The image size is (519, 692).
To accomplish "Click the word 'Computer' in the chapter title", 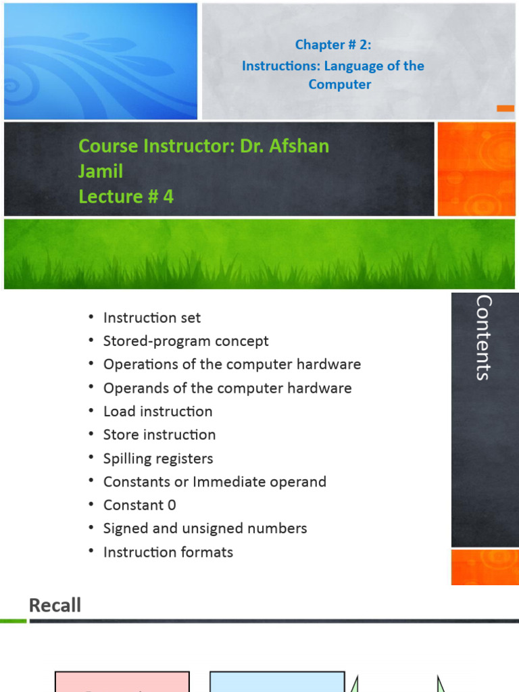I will point(340,84).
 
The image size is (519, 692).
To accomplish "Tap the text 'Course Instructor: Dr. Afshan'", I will point(203,145).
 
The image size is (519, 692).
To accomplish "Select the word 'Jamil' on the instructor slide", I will point(101,171).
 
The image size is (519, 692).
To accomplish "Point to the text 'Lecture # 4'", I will point(126,196).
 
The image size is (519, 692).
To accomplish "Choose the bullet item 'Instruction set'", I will point(151,318).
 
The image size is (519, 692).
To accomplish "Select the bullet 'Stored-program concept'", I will point(186,341).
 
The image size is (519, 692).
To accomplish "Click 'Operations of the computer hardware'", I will point(232,364).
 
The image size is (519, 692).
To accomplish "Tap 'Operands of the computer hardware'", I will point(227,388).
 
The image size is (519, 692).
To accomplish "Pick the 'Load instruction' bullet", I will point(157,412).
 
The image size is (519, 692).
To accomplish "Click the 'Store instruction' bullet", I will point(159,435).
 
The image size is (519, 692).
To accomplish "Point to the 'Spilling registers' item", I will point(157,458).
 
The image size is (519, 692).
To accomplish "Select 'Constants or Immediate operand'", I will point(214,482).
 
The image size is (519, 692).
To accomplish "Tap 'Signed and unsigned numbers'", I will point(205,528).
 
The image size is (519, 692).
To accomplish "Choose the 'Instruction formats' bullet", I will point(168,552).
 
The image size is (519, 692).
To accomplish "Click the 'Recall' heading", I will point(55,605).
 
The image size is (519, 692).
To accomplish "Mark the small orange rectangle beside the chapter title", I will point(505,108).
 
